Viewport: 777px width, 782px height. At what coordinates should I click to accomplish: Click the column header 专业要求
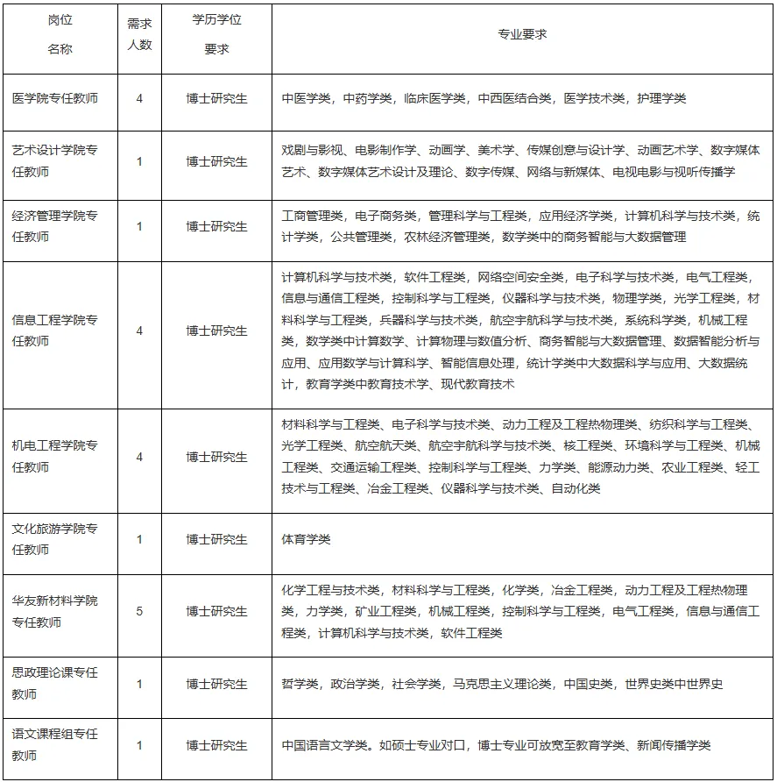pos(522,34)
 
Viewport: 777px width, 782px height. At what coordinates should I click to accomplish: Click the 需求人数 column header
pos(139,35)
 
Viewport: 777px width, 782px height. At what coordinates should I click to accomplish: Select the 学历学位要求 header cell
pos(216,35)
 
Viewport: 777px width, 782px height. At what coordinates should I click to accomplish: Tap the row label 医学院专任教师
pos(55,98)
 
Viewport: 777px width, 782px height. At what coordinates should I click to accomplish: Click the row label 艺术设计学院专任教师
pos(55,161)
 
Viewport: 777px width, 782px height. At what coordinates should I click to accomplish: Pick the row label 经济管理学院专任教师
pos(55,226)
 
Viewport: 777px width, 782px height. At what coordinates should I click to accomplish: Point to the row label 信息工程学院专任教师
pos(55,331)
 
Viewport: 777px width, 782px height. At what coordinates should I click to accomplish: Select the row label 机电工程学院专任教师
pos(55,457)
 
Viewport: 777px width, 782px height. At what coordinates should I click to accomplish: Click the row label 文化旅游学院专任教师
pos(55,539)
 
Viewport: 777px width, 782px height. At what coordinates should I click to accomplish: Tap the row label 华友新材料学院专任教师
pos(55,611)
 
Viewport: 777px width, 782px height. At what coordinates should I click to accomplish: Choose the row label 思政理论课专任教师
pos(55,684)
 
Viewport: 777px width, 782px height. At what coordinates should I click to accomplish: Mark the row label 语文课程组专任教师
pos(55,745)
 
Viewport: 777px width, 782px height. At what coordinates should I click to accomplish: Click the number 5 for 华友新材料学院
pos(139,611)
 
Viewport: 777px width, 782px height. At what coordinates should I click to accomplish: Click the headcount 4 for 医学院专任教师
pos(139,98)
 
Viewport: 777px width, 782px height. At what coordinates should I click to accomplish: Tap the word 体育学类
pos(307,539)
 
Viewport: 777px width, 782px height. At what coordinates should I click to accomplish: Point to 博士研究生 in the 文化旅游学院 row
pos(216,539)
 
